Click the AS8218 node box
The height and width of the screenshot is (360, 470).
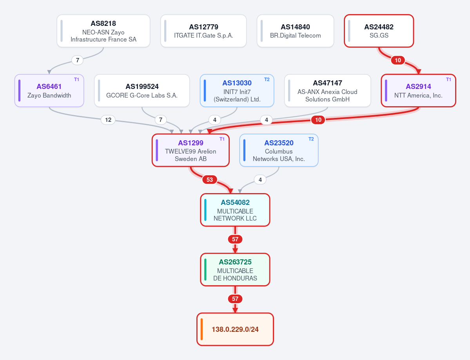click(x=103, y=31)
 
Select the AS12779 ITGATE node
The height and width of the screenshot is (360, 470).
click(x=203, y=31)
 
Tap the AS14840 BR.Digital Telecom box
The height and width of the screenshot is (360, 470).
click(x=295, y=31)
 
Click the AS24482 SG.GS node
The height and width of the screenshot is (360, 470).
click(x=379, y=31)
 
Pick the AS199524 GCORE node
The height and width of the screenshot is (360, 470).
click(x=142, y=90)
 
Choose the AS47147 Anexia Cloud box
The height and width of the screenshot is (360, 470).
click(x=328, y=90)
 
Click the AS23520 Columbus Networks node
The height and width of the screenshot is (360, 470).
click(x=279, y=150)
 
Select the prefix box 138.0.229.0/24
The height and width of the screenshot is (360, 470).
click(x=235, y=329)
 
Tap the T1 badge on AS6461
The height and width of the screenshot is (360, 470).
click(x=77, y=80)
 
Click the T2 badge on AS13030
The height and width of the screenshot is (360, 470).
click(x=267, y=80)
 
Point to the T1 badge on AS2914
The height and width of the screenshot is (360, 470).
click(x=448, y=80)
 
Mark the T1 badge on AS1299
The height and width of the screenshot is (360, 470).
click(x=222, y=139)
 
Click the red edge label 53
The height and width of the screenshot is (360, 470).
click(x=210, y=180)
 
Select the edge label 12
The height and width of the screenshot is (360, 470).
click(x=108, y=120)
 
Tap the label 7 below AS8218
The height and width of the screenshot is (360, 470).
click(x=77, y=60)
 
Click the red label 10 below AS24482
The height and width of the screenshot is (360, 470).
click(x=398, y=60)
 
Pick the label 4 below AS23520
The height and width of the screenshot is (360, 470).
click(x=260, y=180)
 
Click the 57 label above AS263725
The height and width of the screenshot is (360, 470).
click(x=235, y=239)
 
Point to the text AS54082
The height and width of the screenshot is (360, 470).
click(x=235, y=203)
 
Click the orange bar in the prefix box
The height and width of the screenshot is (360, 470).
click(x=202, y=329)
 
